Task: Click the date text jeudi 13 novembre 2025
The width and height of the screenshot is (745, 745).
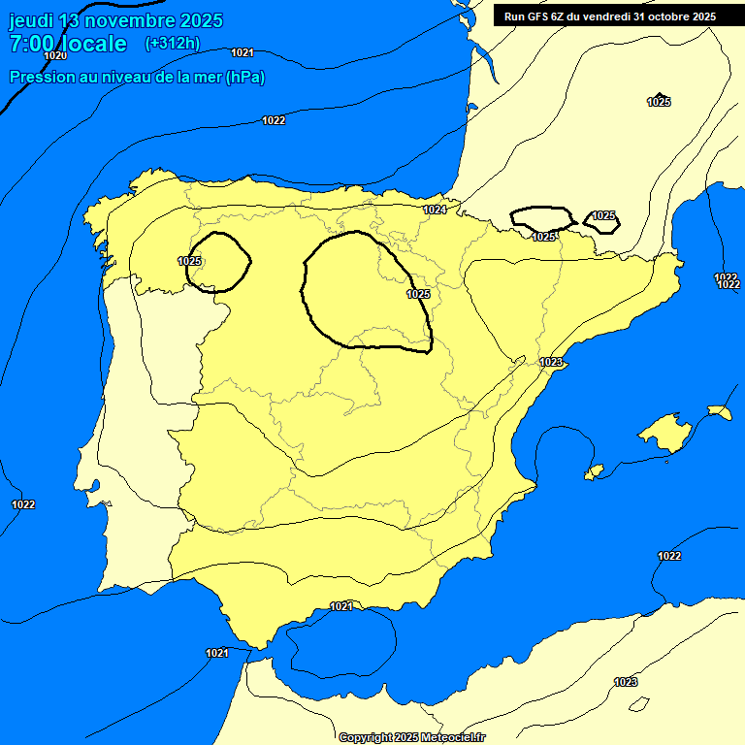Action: point(115,20)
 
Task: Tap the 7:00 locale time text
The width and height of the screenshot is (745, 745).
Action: point(68,44)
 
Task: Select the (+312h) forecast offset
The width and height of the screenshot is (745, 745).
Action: point(172,43)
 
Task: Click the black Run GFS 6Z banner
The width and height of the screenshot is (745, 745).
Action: point(609,16)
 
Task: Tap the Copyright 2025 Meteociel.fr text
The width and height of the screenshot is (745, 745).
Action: point(411,737)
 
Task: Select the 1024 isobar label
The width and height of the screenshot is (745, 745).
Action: point(435,210)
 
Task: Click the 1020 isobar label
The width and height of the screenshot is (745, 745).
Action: point(55,55)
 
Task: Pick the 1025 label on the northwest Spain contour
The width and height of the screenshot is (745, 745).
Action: point(190,261)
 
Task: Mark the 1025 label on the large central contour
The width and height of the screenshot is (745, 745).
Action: point(418,294)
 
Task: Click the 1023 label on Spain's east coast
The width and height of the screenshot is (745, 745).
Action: point(551,362)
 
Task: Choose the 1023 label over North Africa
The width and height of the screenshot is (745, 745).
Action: point(626,682)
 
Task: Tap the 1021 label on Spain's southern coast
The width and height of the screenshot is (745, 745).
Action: point(340,606)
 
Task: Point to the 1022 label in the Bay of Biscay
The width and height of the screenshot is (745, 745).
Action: point(274,120)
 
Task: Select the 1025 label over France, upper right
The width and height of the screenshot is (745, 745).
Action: point(659,102)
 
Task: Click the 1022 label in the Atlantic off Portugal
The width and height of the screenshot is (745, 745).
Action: point(23,504)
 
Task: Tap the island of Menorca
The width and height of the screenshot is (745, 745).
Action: point(719,412)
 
